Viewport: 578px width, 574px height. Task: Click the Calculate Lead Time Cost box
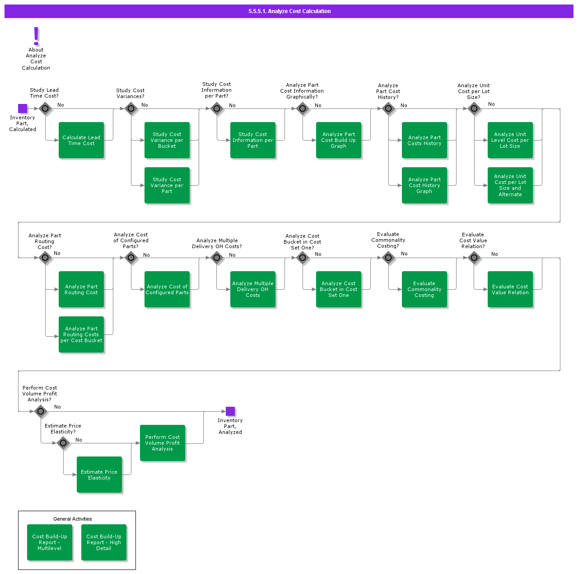[81, 140]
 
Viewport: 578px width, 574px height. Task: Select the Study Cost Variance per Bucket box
[167, 140]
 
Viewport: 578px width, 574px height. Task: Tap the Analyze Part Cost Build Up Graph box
[339, 140]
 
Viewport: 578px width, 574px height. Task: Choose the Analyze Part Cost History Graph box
[424, 185]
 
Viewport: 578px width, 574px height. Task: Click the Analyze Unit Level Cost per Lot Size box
[510, 140]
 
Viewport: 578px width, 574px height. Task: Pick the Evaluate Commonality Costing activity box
[424, 289]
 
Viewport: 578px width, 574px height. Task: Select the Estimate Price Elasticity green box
[99, 475]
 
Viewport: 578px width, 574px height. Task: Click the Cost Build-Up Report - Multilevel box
[50, 542]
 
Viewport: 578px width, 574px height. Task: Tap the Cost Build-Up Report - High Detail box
[104, 542]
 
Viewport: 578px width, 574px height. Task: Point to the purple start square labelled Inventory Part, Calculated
[23, 108]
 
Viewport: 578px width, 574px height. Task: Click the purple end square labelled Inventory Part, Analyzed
[230, 411]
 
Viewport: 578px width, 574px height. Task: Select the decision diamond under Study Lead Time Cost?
[45, 108]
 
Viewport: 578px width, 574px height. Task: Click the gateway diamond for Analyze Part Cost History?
[388, 108]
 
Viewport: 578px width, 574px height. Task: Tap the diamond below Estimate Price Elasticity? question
[63, 443]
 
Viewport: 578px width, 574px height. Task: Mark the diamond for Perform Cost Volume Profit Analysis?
[41, 411]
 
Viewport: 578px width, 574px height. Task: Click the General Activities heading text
[73, 519]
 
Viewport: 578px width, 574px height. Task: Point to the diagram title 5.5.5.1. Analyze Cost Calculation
[289, 11]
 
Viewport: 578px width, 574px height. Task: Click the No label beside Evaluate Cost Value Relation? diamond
[494, 254]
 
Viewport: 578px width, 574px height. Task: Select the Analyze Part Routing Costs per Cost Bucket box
[81, 334]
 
